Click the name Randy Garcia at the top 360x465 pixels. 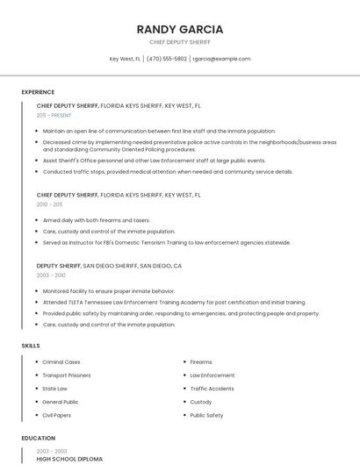pyautogui.click(x=180, y=29)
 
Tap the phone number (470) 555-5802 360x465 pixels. pyautogui.click(x=167, y=59)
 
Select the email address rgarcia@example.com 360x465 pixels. pyautogui.click(x=221, y=59)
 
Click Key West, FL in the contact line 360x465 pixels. pyautogui.click(x=125, y=59)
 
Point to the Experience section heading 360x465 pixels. pyautogui.click(x=38, y=92)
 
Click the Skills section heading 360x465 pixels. pyautogui.click(x=31, y=346)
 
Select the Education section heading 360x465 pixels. pyautogui.click(x=38, y=438)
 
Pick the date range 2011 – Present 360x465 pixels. pyautogui.click(x=54, y=115)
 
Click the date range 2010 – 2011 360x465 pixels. pyautogui.click(x=49, y=204)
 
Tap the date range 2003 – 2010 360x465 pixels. pyautogui.click(x=50, y=275)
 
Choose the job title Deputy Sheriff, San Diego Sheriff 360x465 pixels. pyautogui.click(x=109, y=265)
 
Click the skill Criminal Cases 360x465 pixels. pyautogui.click(x=61, y=361)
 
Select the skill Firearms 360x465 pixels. pyautogui.click(x=201, y=361)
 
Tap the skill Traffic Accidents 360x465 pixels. pyautogui.click(x=212, y=388)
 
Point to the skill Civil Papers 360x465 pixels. pyautogui.click(x=58, y=415)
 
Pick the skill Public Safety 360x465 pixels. pyautogui.click(x=206, y=415)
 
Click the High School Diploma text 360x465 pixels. pyautogui.click(x=69, y=459)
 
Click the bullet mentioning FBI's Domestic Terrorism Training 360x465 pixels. pyautogui.click(x=166, y=242)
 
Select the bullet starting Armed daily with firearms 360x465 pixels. pyautogui.click(x=96, y=220)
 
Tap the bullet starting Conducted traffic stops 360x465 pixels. pyautogui.click(x=167, y=172)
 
